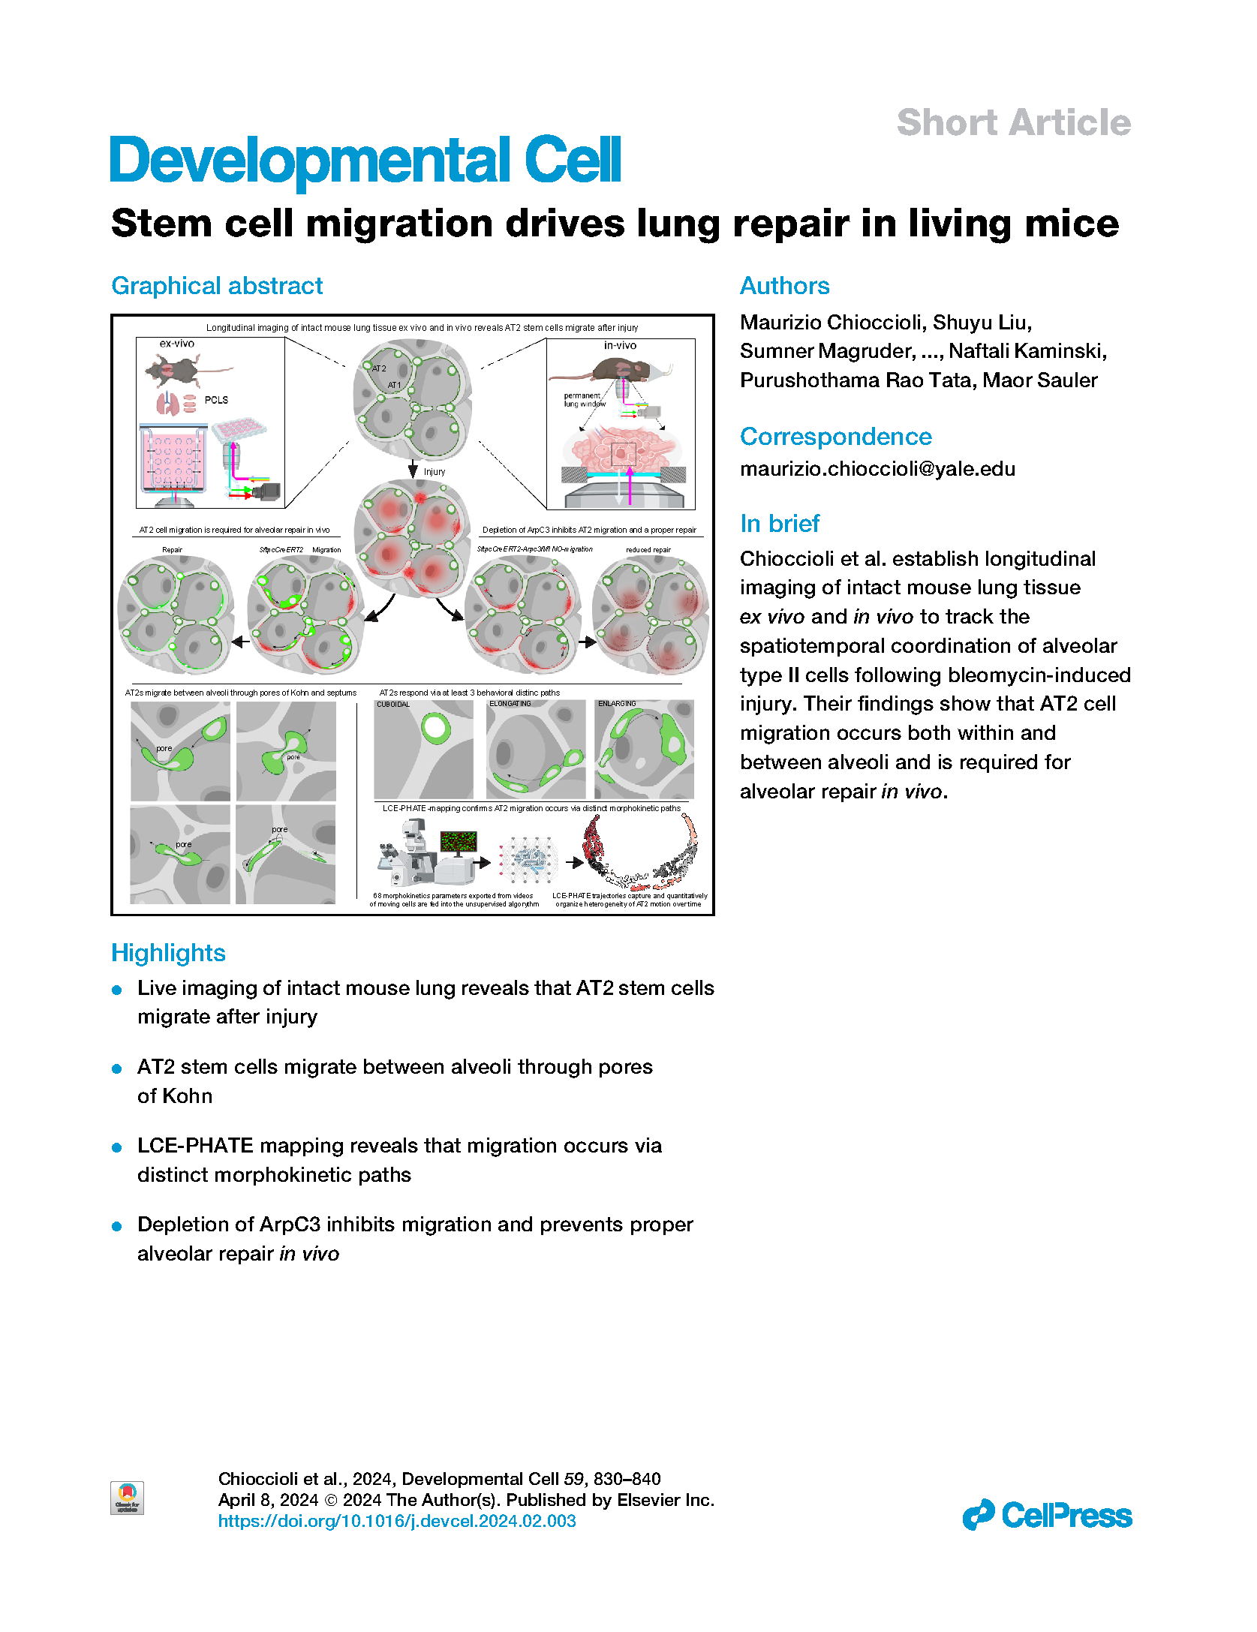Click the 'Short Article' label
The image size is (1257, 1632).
[1013, 123]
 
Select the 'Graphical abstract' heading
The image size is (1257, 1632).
[217, 286]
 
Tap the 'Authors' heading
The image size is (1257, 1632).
[784, 286]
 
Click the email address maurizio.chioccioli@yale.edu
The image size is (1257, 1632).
[877, 469]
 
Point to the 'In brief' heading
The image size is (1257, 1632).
[779, 523]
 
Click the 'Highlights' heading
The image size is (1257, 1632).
[168, 953]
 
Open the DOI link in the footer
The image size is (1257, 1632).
[397, 1521]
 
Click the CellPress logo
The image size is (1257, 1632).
[1047, 1515]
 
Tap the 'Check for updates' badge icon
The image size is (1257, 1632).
[127, 1498]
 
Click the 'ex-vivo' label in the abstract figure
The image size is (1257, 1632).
[177, 344]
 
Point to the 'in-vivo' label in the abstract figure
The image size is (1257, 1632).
[620, 345]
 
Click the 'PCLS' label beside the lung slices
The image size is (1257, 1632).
[216, 400]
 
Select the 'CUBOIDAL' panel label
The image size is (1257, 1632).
[393, 705]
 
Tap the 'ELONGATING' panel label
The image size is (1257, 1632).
[510, 704]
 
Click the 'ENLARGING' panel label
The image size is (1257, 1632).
[617, 704]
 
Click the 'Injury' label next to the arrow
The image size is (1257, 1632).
[435, 472]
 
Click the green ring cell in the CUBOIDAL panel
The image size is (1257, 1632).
[436, 728]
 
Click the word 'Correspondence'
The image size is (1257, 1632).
[835, 437]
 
